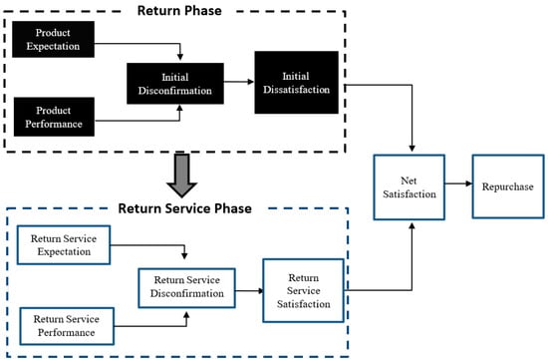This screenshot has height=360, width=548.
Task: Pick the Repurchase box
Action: pyautogui.click(x=506, y=186)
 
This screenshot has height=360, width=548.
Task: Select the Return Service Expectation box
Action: pyautogui.click(x=67, y=245)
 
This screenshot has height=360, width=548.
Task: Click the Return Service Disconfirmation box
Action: pyautogui.click(x=186, y=286)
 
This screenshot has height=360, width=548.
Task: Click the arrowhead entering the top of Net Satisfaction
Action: pyautogui.click(x=411, y=150)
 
